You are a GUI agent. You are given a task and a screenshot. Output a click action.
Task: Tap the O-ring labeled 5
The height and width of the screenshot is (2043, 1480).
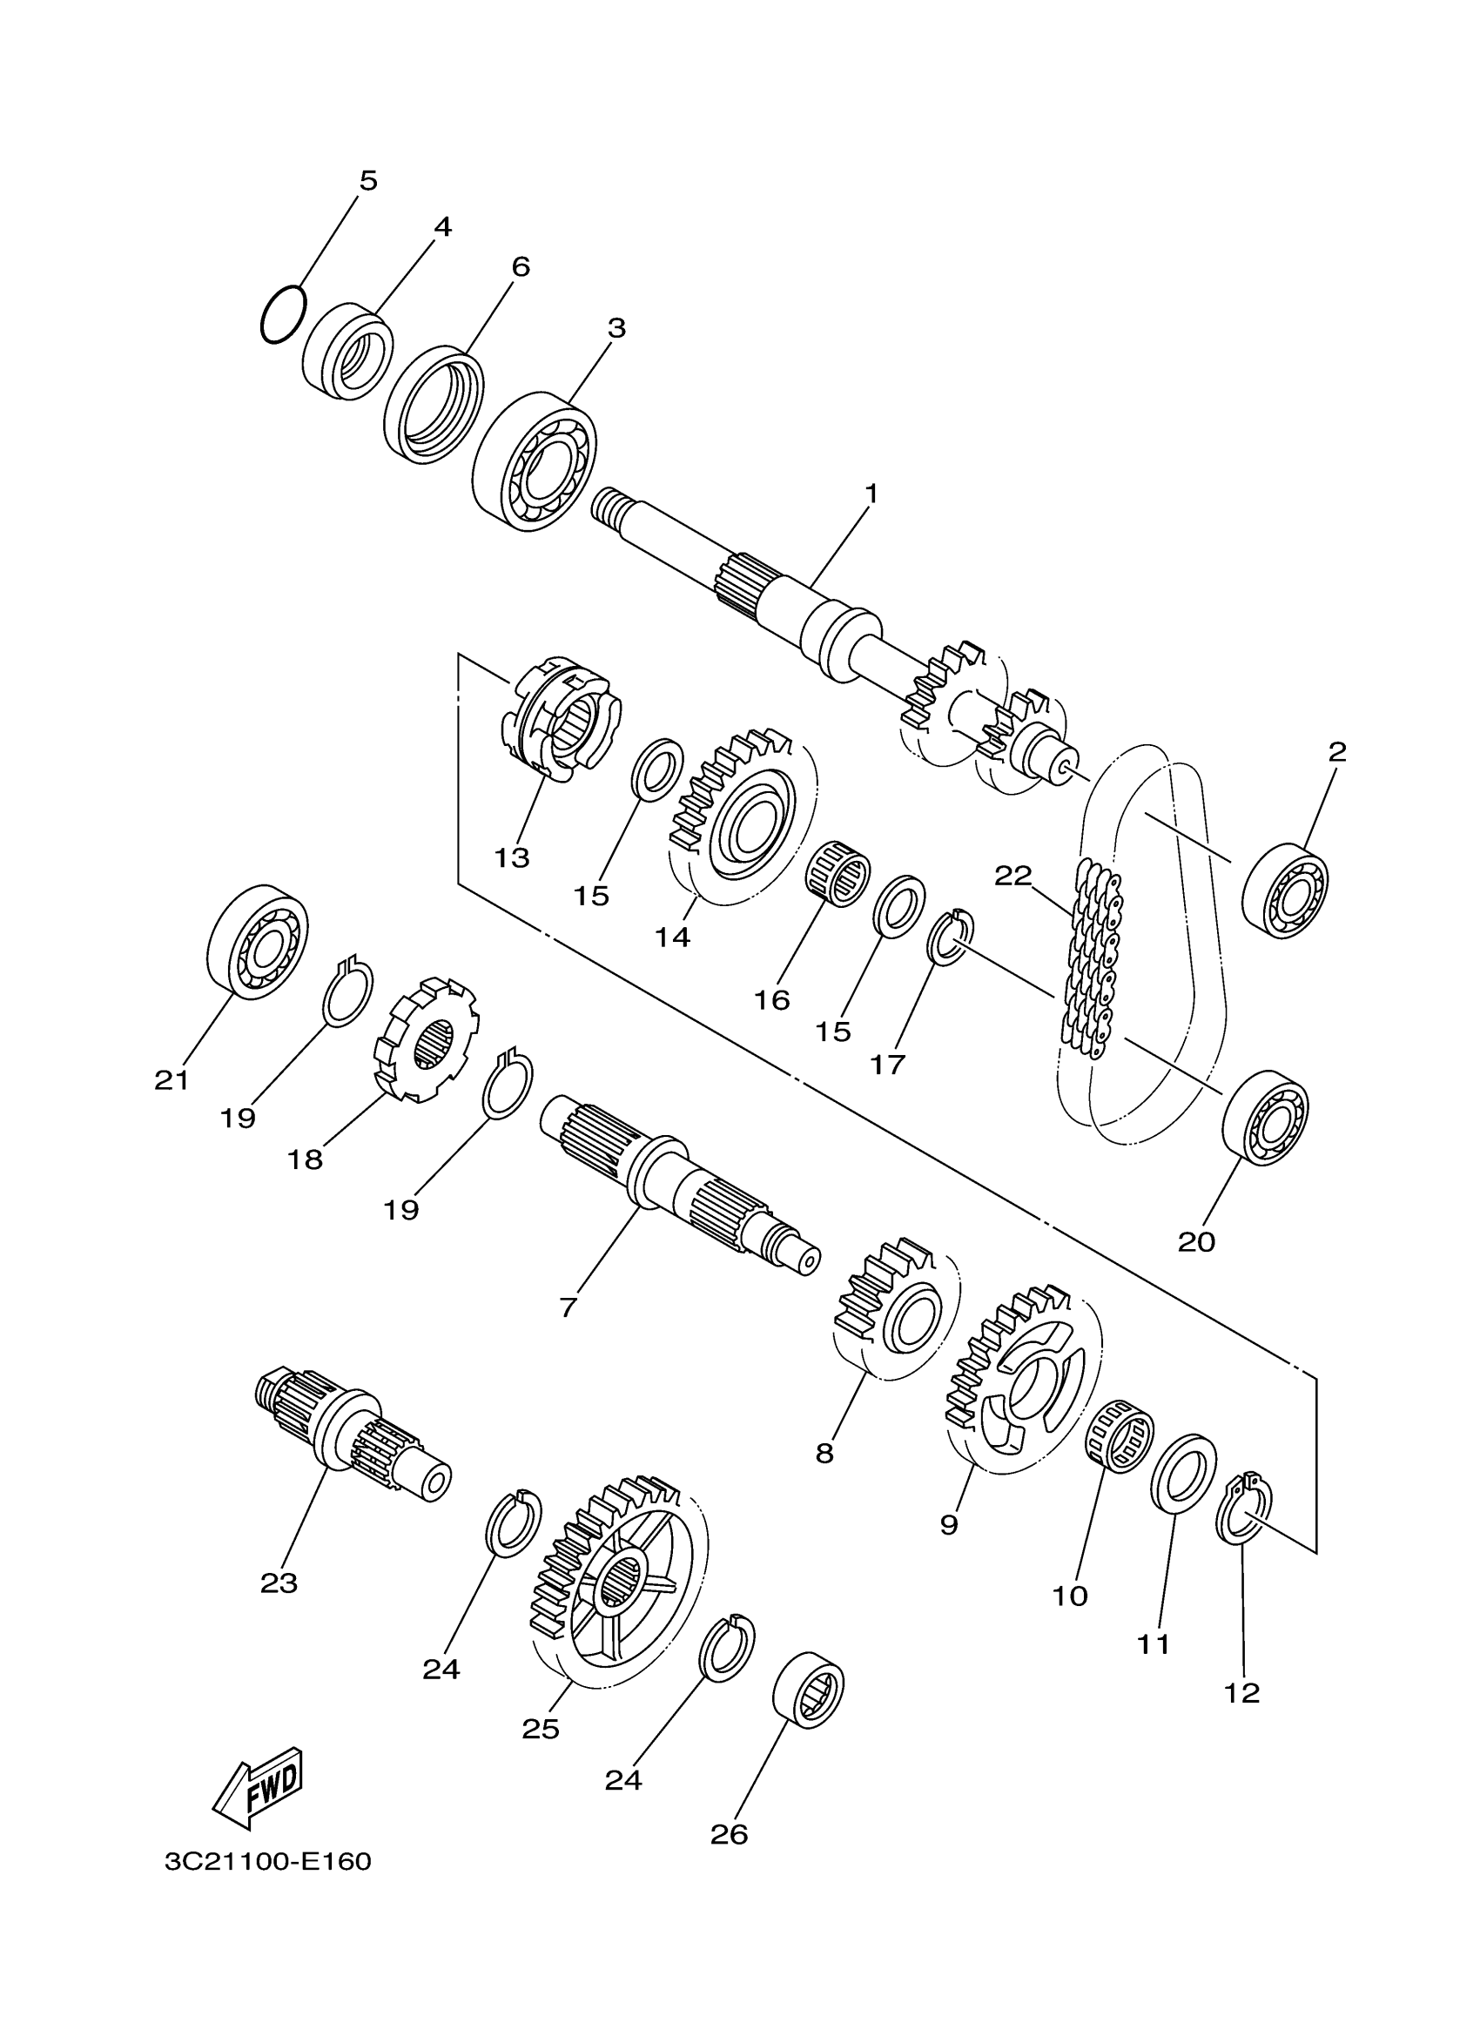[283, 313]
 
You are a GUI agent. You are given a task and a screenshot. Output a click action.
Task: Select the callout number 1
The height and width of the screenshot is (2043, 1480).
[871, 494]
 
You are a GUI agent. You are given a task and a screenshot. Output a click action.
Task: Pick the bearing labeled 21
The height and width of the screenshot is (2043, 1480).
[258, 940]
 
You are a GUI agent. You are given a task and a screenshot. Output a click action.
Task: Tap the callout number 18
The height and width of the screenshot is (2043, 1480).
[305, 1159]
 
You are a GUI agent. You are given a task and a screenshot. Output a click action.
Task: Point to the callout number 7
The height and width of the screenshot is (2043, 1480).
[567, 1307]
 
